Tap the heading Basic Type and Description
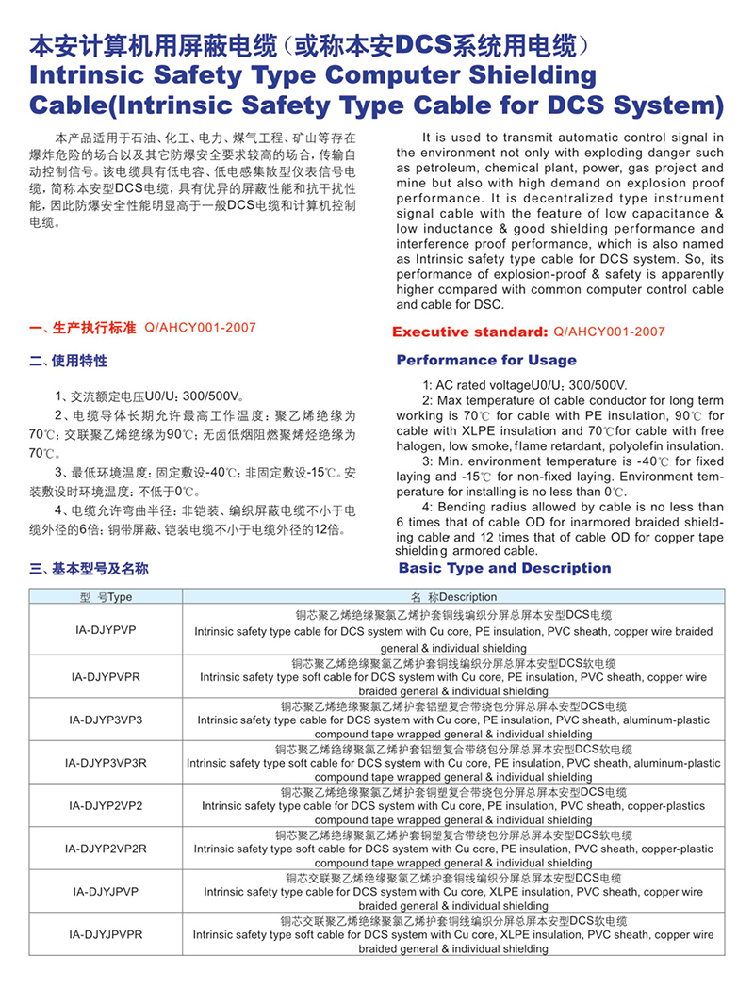tap(504, 568)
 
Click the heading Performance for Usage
tap(486, 360)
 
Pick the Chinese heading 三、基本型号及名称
tap(89, 569)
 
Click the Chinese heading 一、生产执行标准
tap(83, 328)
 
